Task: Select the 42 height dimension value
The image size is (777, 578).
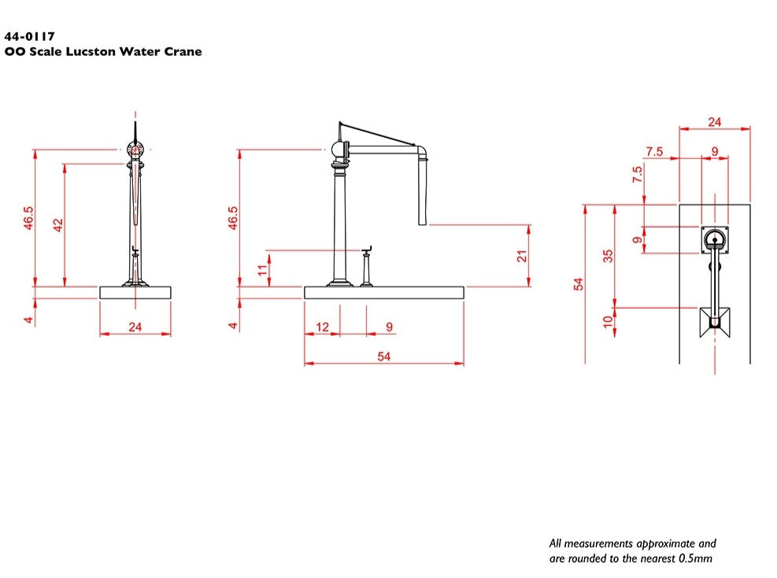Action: (x=57, y=225)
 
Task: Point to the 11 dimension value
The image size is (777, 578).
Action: (x=263, y=270)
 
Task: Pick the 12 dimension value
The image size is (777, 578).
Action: (x=322, y=327)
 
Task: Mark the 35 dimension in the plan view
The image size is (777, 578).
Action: (x=608, y=256)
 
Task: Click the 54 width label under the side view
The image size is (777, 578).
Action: (x=384, y=357)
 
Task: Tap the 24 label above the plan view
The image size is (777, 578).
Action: (x=714, y=122)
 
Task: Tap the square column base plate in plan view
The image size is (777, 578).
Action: (x=715, y=239)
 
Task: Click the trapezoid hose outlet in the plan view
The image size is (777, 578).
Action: (x=715, y=320)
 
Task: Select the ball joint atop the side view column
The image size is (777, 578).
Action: (x=339, y=150)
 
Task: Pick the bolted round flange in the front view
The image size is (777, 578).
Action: (x=135, y=149)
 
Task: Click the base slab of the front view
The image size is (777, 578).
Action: (x=135, y=292)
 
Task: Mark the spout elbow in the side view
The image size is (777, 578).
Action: (x=421, y=150)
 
